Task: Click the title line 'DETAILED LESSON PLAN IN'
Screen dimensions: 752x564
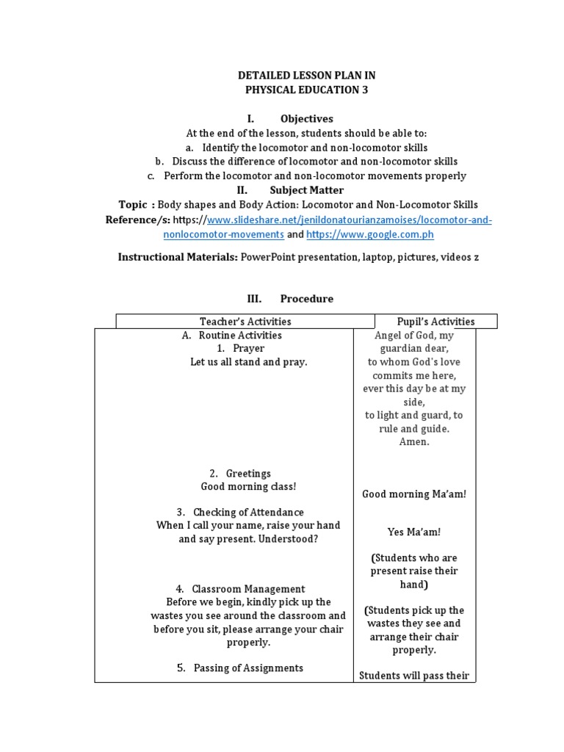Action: pos(307,76)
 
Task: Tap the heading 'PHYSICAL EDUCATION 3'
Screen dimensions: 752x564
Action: pos(307,90)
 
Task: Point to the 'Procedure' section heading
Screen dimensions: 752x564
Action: pos(306,299)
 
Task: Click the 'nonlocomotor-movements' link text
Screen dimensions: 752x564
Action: pos(223,234)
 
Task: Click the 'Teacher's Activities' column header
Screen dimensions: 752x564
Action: pos(245,322)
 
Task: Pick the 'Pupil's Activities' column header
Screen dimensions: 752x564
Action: pos(435,322)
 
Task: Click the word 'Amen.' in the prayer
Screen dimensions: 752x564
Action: pos(414,442)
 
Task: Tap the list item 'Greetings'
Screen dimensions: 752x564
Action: pos(248,474)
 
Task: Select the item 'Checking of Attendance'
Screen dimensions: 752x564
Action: pos(248,512)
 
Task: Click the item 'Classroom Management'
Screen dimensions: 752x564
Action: pos(248,589)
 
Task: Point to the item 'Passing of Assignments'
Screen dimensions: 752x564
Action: pos(248,668)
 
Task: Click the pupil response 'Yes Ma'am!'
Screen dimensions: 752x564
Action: pos(414,532)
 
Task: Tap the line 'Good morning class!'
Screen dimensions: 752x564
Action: pos(248,487)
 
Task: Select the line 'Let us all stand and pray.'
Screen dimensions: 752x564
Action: pos(248,362)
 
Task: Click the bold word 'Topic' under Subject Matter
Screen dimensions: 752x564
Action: pos(133,205)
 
